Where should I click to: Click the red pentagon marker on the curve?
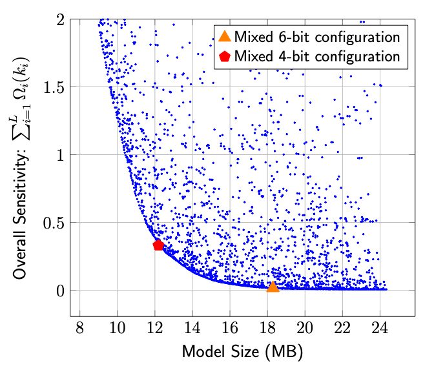click(158, 245)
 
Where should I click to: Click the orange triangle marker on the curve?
click(273, 286)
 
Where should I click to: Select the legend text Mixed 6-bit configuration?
click(317, 36)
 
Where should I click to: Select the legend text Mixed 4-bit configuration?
click(317, 56)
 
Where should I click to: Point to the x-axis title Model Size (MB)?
click(242, 352)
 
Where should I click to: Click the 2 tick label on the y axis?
click(59, 19)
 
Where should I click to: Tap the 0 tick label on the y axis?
click(59, 291)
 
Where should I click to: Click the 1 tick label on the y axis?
click(59, 155)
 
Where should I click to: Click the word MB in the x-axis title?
click(285, 352)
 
